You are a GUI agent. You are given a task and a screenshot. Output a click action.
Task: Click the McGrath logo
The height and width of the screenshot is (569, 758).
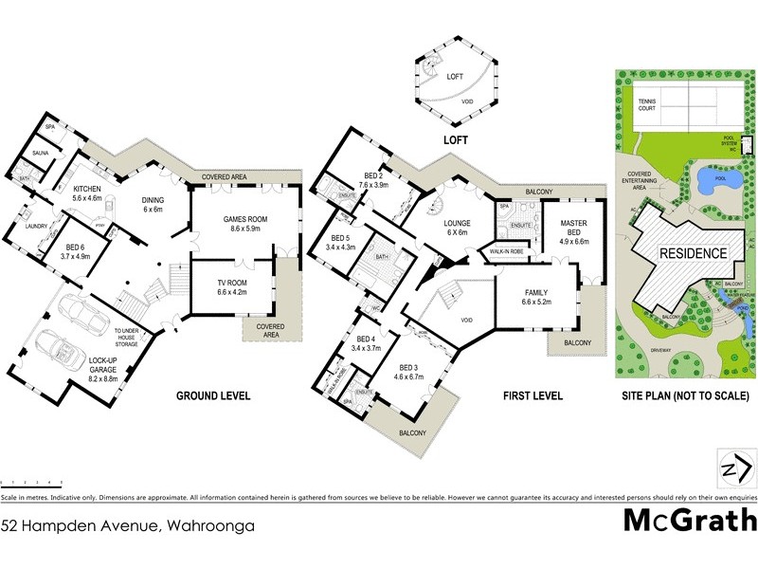(x=689, y=520)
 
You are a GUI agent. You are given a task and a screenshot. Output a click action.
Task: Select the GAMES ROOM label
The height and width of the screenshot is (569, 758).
(x=245, y=224)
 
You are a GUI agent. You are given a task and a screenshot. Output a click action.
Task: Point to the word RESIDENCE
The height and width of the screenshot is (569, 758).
(x=693, y=254)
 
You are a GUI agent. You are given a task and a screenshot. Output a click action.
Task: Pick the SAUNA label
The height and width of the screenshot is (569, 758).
(x=41, y=152)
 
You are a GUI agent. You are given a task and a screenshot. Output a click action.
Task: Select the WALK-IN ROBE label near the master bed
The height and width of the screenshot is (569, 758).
(x=507, y=252)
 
